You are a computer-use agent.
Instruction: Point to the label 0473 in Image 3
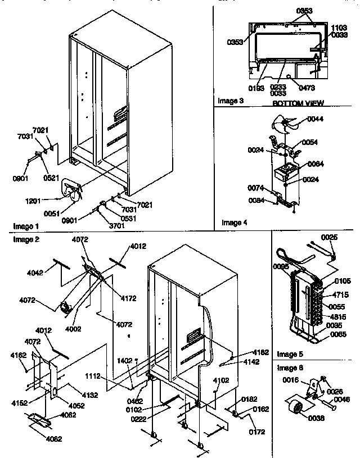(x=307, y=88)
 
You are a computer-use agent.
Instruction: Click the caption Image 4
(x=235, y=223)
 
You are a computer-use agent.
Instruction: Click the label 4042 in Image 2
(x=35, y=273)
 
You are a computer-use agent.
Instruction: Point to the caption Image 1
(x=25, y=225)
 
